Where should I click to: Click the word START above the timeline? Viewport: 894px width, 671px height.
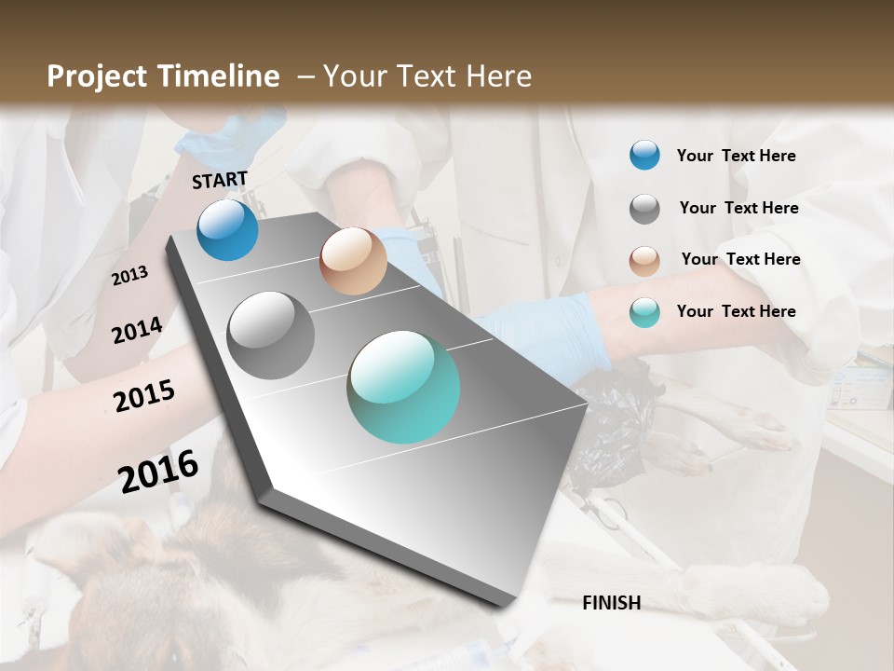[220, 180]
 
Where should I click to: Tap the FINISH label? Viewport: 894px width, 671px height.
[611, 603]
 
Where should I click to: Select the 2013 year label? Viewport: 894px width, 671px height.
[129, 276]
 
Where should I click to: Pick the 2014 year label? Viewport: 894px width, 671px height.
[137, 331]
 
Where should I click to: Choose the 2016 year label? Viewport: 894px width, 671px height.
[158, 471]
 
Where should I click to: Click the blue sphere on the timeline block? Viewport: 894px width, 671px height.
[227, 229]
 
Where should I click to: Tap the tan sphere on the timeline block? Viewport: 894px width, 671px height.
[353, 261]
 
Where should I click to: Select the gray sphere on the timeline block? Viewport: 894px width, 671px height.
[271, 335]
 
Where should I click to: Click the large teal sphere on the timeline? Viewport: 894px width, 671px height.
[403, 387]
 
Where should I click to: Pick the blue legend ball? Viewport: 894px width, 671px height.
[644, 156]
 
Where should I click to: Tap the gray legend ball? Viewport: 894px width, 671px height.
[644, 209]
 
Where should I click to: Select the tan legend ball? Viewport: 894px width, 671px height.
[644, 260]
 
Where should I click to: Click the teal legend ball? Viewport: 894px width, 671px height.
[644, 312]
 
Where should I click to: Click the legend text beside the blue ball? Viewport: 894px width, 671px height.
[736, 156]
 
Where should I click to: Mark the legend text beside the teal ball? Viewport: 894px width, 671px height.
[736, 311]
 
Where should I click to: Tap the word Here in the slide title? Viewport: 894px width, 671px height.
[498, 76]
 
